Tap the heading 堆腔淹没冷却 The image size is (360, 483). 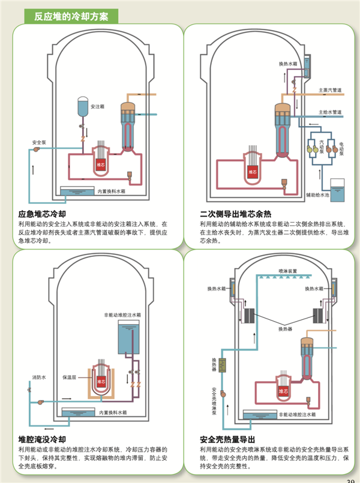point(42,439)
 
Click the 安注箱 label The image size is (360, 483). point(98,106)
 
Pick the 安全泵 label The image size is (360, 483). point(40,142)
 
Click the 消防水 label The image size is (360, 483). point(38,377)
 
